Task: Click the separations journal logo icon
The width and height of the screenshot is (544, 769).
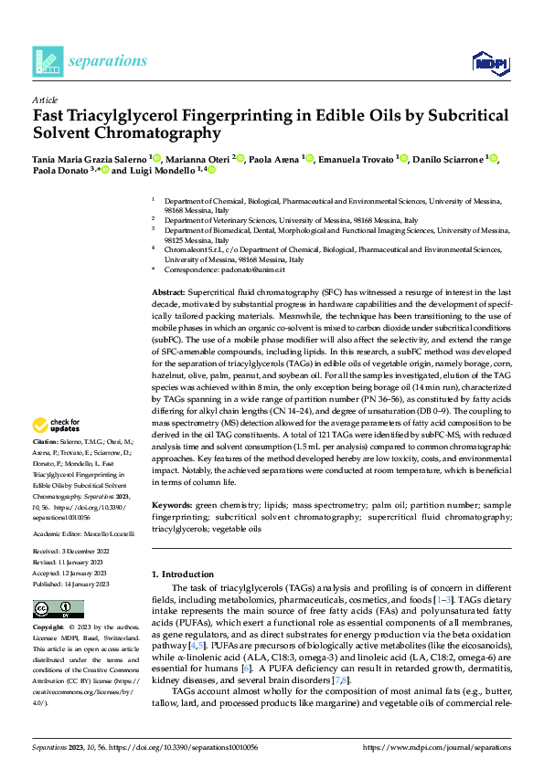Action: pyautogui.click(x=48, y=61)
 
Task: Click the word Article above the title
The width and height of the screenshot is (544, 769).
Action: pyautogui.click(x=45, y=100)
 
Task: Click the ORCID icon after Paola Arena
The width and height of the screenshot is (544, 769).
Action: pyautogui.click(x=310, y=159)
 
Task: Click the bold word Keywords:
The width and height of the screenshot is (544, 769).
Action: pyautogui.click(x=171, y=504)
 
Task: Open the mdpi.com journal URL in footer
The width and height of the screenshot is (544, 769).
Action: pyautogui.click(x=436, y=747)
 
